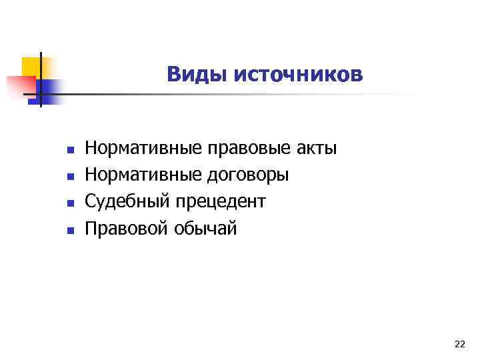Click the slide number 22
pos(459,344)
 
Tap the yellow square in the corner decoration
pos(31,66)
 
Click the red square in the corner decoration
pos(20,86)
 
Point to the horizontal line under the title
pos(233,95)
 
